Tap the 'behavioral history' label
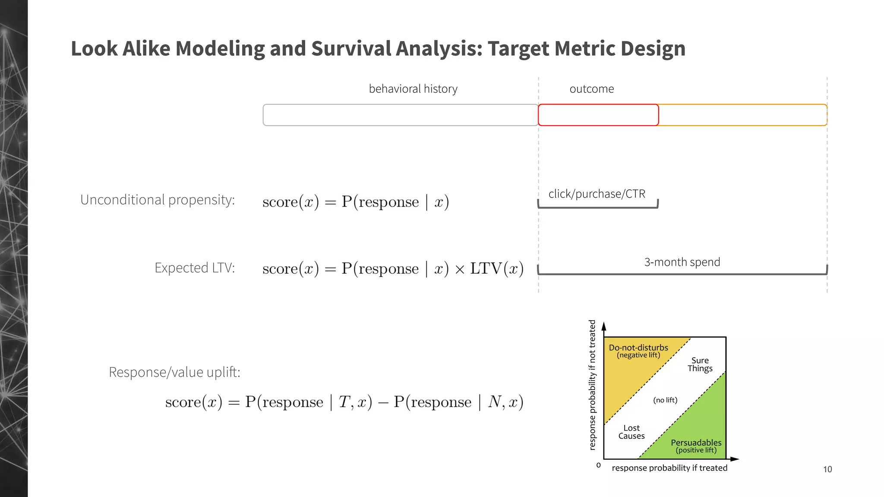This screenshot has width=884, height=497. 413,89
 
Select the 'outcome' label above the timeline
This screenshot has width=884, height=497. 591,89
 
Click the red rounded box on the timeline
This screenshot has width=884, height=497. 598,115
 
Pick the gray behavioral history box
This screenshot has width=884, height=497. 400,115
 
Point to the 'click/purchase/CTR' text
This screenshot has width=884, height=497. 597,194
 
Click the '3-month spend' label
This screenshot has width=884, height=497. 682,262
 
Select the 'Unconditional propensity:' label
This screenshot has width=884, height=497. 158,200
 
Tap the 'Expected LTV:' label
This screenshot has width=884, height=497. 195,268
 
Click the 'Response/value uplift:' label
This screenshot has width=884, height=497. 174,372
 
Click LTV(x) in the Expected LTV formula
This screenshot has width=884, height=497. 496,268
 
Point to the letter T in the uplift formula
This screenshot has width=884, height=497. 344,402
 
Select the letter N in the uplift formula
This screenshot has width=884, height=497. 494,402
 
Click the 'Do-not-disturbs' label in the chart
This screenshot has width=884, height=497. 638,348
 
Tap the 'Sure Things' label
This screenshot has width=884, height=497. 700,364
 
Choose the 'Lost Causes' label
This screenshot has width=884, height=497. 631,432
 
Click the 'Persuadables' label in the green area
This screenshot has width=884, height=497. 696,443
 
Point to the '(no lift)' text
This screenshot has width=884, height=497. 665,400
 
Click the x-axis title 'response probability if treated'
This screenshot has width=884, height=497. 669,468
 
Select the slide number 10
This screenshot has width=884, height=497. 827,469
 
